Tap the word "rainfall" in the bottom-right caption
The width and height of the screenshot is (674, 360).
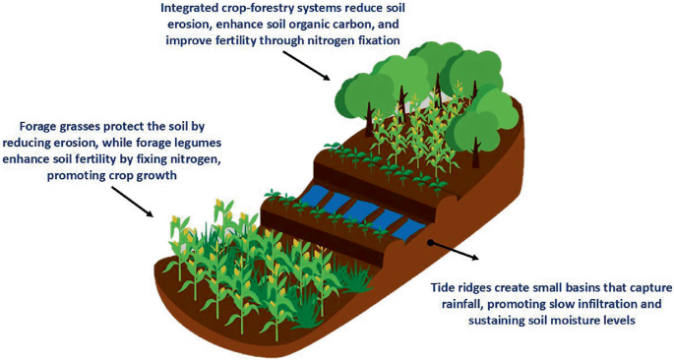[460, 304]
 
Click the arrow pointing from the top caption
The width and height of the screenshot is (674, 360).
[306, 65]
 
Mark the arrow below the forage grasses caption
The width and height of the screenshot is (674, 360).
[133, 201]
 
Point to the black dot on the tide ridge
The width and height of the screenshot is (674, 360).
[430, 243]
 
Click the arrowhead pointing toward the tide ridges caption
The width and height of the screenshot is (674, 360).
[474, 257]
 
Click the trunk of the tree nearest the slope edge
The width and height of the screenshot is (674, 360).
[475, 152]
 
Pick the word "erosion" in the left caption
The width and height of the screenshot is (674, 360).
[82, 143]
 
